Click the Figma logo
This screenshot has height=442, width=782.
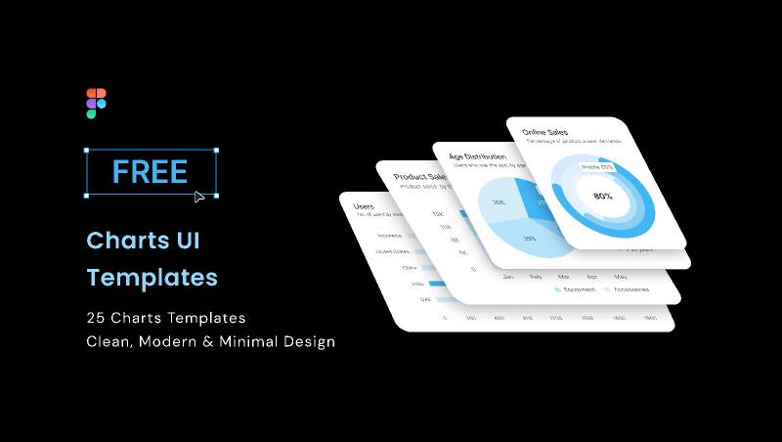point(96,103)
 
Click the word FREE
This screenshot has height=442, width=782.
point(150,171)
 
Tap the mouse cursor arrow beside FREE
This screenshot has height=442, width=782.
point(199,197)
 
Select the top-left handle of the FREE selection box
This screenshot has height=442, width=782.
point(87,151)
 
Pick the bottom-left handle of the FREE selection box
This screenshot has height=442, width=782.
point(87,195)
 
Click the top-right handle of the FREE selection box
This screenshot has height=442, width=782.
point(215,151)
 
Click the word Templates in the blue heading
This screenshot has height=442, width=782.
point(152,278)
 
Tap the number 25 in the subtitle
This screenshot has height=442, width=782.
point(96,318)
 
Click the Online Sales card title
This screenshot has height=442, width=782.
point(545,132)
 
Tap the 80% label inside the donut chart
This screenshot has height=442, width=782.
point(603,196)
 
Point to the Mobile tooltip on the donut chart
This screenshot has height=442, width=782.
point(597,167)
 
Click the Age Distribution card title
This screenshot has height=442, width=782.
point(477,156)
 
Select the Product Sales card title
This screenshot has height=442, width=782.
point(420,177)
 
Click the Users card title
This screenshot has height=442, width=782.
point(364,206)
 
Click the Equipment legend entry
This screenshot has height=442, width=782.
point(578,289)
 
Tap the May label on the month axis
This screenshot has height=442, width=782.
point(620,277)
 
